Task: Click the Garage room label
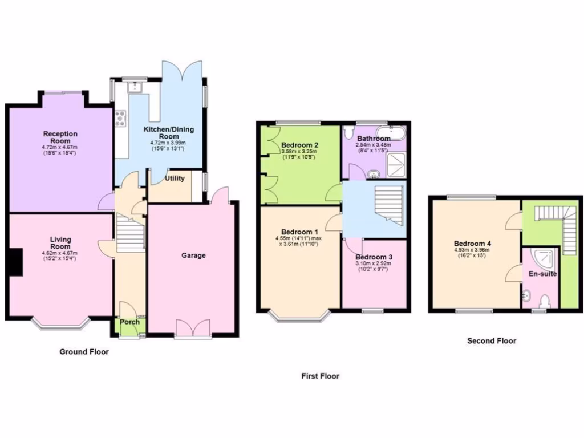pyautogui.click(x=194, y=255)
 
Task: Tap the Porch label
pyautogui.click(x=129, y=322)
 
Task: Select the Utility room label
pyautogui.click(x=175, y=179)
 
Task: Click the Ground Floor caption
pyautogui.click(x=84, y=352)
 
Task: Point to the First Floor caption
pyautogui.click(x=320, y=376)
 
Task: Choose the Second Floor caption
pyautogui.click(x=492, y=341)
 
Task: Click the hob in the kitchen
pyautogui.click(x=121, y=118)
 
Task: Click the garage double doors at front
pyautogui.click(x=193, y=329)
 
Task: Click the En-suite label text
pyautogui.click(x=542, y=274)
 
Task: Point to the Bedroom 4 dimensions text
pyautogui.click(x=473, y=253)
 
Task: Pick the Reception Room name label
pyautogui.click(x=60, y=137)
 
